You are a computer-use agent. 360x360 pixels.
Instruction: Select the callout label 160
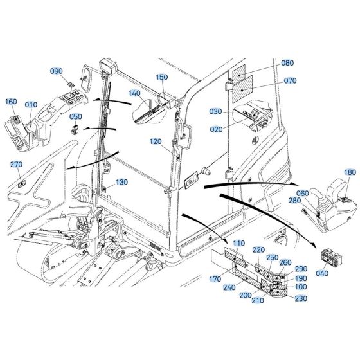pos(11,102)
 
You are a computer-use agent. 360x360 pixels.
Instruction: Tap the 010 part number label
pos(32,105)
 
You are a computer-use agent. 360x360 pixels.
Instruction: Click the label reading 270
pos(16,165)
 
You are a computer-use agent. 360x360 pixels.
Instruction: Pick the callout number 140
pos(134,93)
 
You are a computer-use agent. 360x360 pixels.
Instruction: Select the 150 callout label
pos(162,78)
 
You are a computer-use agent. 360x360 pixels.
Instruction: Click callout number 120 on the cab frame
pos(156,141)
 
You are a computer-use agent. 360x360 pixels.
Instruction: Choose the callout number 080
pos(287,63)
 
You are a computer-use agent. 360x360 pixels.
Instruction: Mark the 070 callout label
pos(290,81)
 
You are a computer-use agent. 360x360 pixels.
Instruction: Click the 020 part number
pos(215,129)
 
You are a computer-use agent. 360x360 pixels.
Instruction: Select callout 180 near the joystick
pos(350,172)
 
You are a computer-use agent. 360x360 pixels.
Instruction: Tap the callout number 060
pos(302,194)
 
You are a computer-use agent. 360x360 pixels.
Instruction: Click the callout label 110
pos(239,244)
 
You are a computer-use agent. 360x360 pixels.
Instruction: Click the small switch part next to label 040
pos(333,258)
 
